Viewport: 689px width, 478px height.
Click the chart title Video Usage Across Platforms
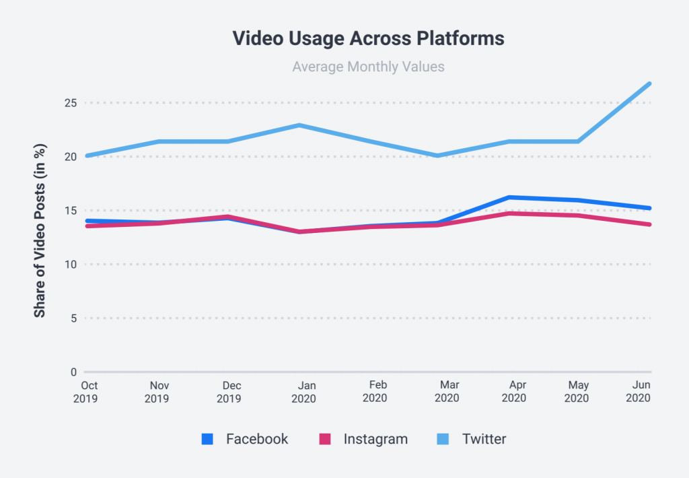368,38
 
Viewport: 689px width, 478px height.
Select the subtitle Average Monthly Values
368,67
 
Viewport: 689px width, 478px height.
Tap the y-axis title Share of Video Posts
40,231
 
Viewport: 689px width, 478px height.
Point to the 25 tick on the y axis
70,103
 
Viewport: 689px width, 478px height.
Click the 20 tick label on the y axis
70,157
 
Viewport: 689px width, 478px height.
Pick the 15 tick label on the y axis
71,211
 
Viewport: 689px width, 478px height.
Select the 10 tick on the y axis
70,265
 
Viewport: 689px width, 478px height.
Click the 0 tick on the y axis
73,372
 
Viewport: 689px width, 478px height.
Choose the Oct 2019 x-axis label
89,391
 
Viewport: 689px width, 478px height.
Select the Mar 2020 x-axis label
447,391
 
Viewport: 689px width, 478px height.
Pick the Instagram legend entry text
375,440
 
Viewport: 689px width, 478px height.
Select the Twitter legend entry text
484,440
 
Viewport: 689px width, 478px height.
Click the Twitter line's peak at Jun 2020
650,83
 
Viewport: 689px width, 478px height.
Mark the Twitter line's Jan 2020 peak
299,125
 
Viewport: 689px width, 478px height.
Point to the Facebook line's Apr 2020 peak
509,197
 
